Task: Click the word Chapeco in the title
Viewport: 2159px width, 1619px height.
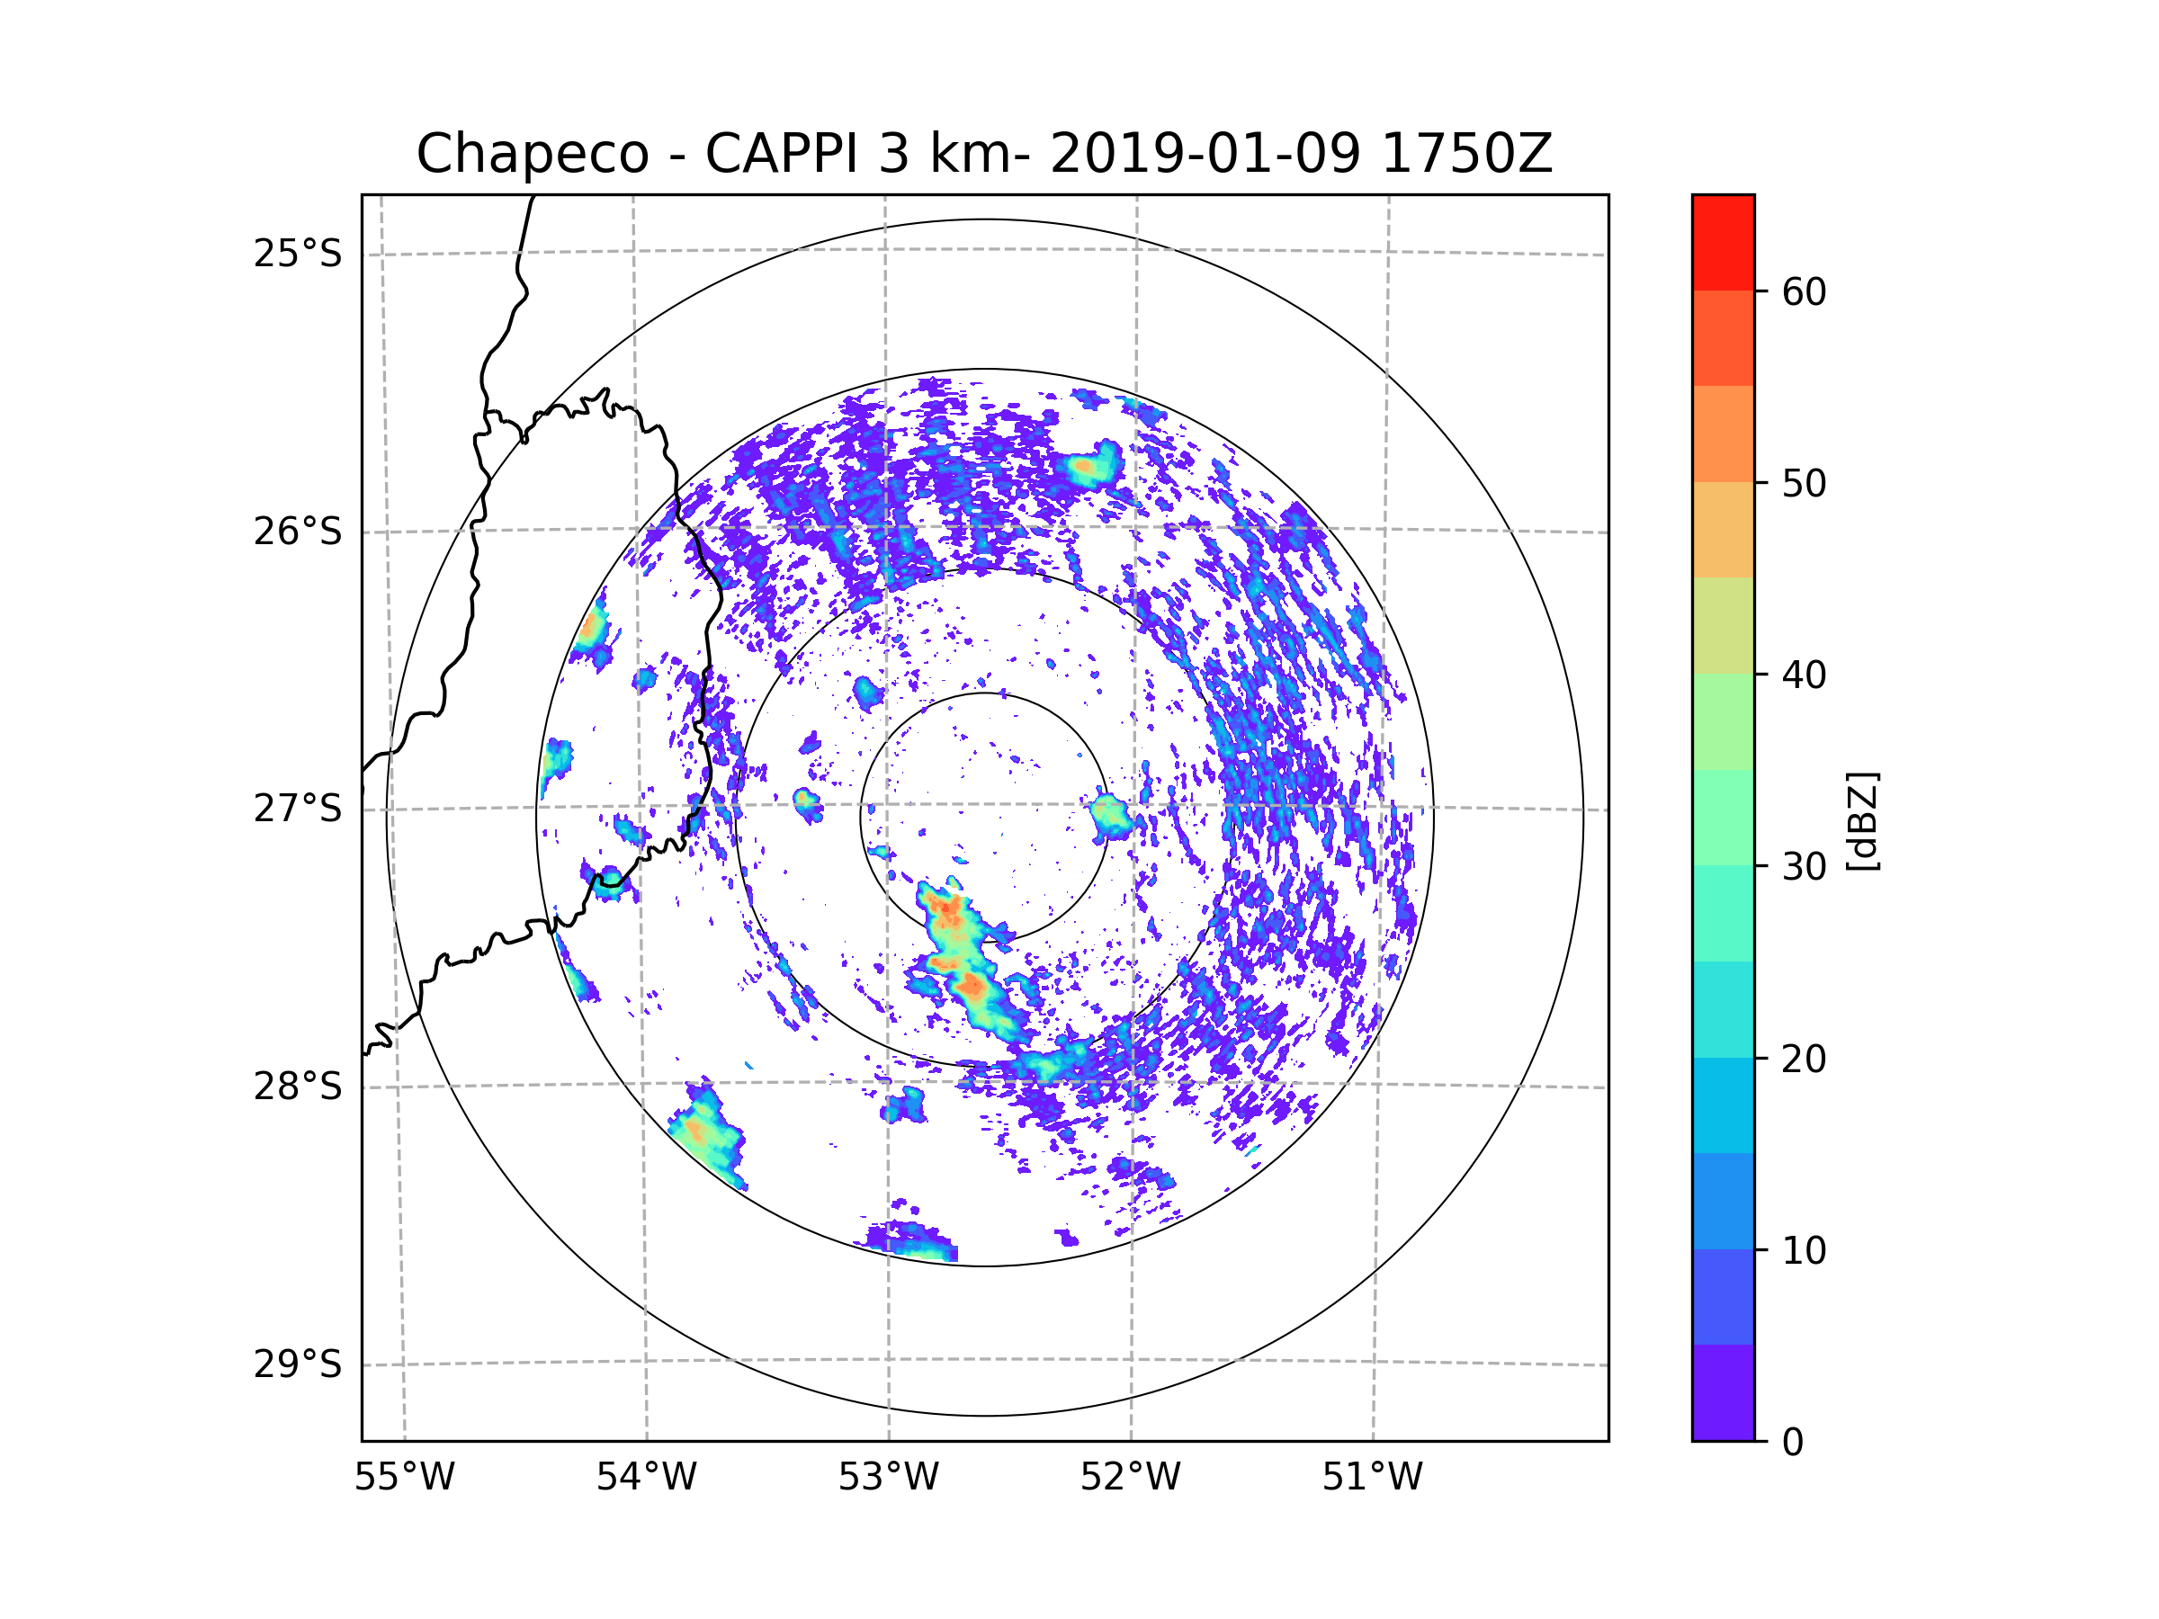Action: point(532,154)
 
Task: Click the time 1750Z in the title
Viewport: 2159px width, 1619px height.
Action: point(1466,154)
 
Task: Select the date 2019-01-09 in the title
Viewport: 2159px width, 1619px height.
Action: point(1205,154)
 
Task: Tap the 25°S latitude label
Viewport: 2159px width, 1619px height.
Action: point(298,254)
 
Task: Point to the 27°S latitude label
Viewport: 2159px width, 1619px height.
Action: point(298,808)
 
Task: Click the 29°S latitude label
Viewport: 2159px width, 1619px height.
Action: point(298,1364)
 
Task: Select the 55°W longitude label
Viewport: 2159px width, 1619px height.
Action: point(404,1478)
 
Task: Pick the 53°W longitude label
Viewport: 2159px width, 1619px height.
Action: point(888,1478)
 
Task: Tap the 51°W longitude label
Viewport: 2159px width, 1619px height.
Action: point(1372,1478)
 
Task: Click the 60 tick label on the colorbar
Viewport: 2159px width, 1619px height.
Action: point(1804,291)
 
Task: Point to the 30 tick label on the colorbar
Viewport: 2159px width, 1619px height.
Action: point(1804,866)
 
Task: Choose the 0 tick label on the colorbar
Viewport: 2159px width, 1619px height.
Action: point(1793,1443)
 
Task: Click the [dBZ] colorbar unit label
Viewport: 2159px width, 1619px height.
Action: point(1862,820)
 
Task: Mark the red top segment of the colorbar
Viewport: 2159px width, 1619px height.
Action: point(1723,242)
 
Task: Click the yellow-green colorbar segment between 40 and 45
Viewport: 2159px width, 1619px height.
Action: point(1723,625)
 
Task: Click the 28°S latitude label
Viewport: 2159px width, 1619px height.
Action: point(298,1087)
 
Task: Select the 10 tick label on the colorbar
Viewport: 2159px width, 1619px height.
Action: point(1804,1250)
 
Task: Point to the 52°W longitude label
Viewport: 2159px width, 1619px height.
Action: point(1130,1478)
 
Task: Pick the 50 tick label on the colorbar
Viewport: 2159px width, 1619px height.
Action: point(1804,483)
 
